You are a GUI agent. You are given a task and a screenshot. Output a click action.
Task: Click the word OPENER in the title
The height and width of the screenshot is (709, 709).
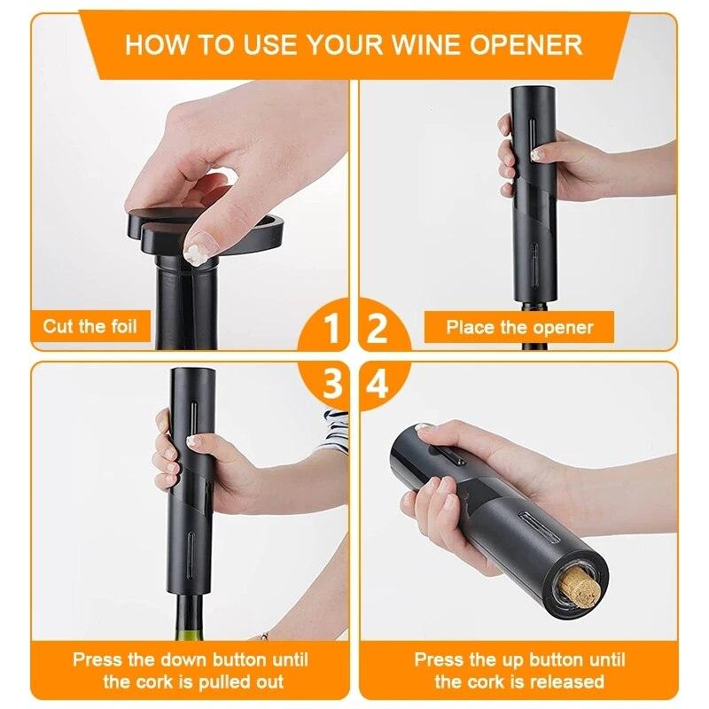pyautogui.click(x=526, y=45)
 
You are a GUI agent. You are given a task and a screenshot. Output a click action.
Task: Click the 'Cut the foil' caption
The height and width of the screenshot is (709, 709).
pyautogui.click(x=90, y=326)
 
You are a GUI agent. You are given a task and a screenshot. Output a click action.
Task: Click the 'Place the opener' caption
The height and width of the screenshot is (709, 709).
pyautogui.click(x=519, y=327)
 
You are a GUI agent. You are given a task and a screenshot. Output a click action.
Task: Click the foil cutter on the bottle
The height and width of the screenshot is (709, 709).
pyautogui.click(x=206, y=230)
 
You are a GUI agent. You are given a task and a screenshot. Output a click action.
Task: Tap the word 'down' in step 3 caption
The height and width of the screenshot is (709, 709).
pyautogui.click(x=185, y=659)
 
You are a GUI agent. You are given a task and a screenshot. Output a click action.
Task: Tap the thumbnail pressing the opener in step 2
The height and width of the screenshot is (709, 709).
pyautogui.click(x=537, y=155)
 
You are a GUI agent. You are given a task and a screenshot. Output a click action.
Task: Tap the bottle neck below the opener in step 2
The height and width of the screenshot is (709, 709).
pyautogui.click(x=535, y=326)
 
